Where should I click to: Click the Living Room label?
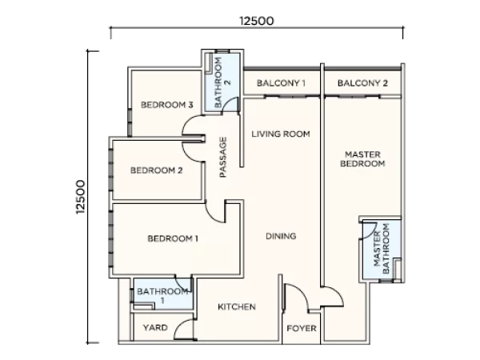tap(281, 134)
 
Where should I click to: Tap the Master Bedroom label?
tap(362, 159)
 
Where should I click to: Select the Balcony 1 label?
tap(281, 83)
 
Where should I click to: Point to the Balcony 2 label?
tap(362, 83)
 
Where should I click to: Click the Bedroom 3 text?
tap(167, 105)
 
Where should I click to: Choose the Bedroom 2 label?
tap(157, 170)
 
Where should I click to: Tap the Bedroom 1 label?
tap(173, 238)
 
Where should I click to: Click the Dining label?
tap(281, 236)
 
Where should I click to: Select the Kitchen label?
tap(237, 306)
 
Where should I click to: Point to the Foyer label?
tap(302, 329)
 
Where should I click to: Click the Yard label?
tap(155, 327)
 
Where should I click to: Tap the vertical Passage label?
tap(223, 157)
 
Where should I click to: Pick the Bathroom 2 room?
tap(222, 82)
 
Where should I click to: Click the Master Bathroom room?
tap(382, 250)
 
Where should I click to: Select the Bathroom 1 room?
tap(162, 294)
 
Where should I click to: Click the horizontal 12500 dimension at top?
tap(257, 21)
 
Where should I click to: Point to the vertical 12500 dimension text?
tap(81, 197)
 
